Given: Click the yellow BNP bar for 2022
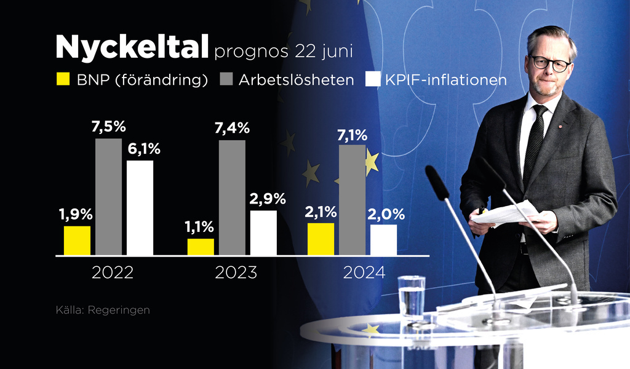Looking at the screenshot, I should tap(77, 240).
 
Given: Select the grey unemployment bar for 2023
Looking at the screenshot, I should tap(232, 197).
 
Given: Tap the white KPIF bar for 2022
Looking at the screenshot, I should tap(140, 208).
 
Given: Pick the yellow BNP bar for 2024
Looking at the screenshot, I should tap(321, 239).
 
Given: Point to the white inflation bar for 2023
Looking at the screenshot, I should tap(263, 232).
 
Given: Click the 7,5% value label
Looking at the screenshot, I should tap(108, 127).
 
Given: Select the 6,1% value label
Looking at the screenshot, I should tap(143, 149).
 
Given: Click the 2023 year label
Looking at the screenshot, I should tap(236, 273).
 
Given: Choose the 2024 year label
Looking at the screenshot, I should tap(364, 273).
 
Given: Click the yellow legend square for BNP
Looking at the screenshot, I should tap(63, 79).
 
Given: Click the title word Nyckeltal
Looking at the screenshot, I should tap(132, 46).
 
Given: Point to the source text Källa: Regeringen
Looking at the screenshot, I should tap(103, 310).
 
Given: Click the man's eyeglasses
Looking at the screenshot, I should tap(549, 63).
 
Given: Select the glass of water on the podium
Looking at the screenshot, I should tap(411, 296).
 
